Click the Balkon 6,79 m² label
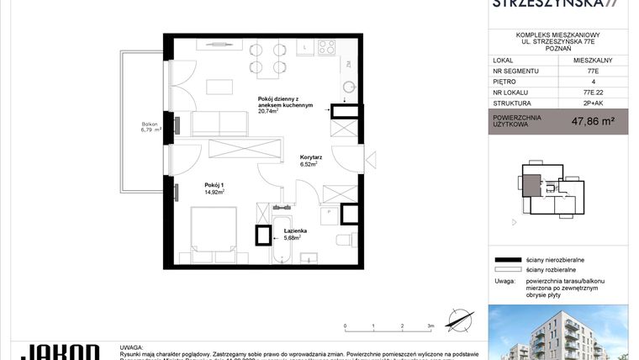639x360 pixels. [151, 128]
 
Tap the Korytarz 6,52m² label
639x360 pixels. [312, 161]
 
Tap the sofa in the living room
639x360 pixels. [219, 124]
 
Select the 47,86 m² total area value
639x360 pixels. [593, 122]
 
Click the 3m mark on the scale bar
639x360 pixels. [430, 325]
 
